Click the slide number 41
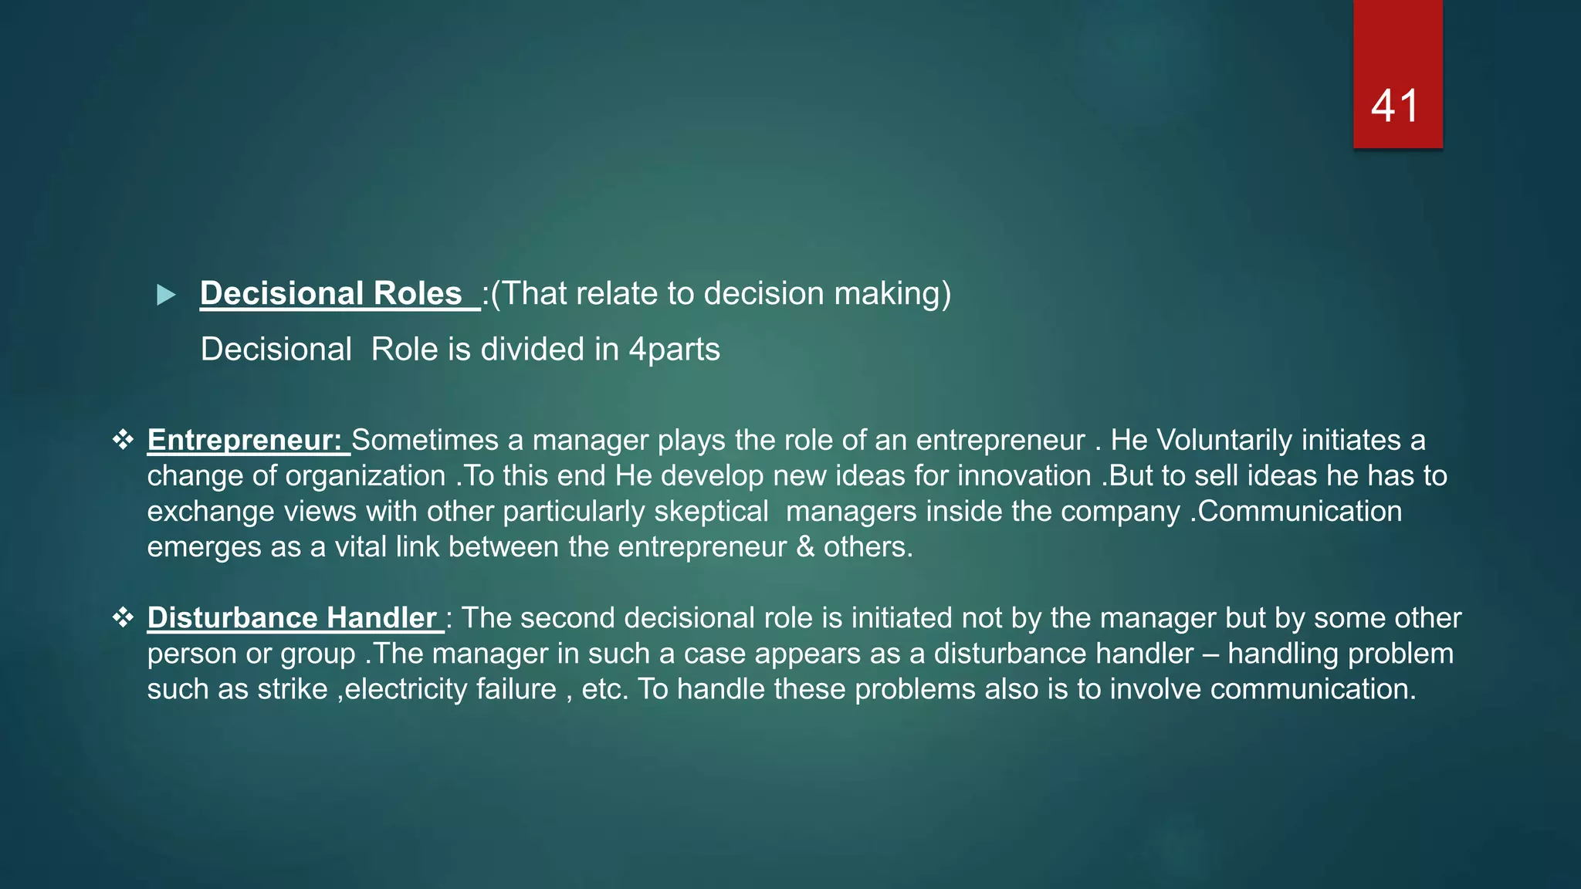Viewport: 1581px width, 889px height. click(x=1395, y=106)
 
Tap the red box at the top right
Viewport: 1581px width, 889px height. click(x=1397, y=46)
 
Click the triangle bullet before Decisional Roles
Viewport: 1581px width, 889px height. click(x=166, y=295)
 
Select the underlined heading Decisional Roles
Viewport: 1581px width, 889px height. click(x=331, y=294)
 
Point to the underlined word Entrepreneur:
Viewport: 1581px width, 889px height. click(x=245, y=440)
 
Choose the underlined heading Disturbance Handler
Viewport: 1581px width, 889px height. click(x=293, y=618)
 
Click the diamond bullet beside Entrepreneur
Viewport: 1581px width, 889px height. click(x=123, y=440)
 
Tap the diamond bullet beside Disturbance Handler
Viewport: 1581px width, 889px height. click(x=123, y=617)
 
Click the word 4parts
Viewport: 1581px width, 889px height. click(x=674, y=350)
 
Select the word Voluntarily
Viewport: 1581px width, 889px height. click(x=1224, y=440)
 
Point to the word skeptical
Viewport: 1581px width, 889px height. click(x=711, y=512)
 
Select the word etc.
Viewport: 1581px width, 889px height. click(x=604, y=689)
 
